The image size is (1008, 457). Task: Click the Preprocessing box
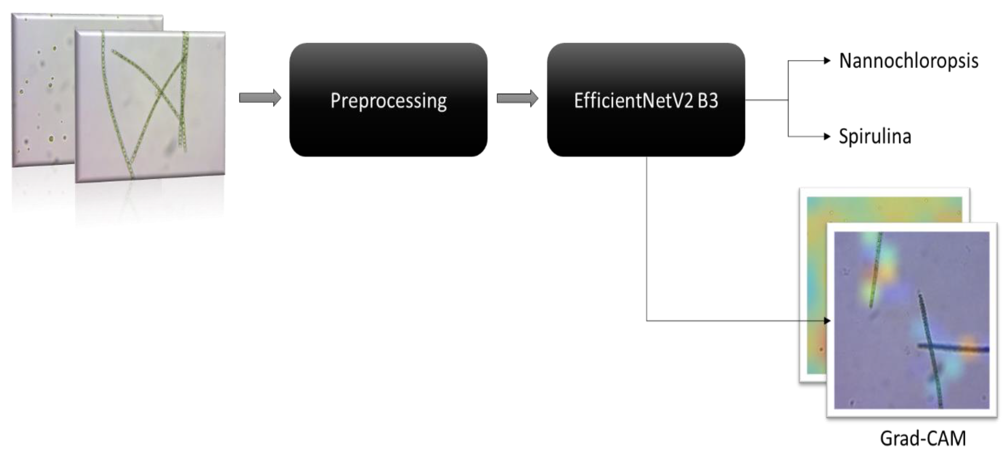tap(388, 100)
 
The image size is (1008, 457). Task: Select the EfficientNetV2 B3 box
tap(646, 100)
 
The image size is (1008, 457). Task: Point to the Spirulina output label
tap(875, 136)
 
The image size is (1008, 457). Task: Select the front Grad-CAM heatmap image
tap(912, 321)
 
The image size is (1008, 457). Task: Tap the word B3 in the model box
tap(708, 100)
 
